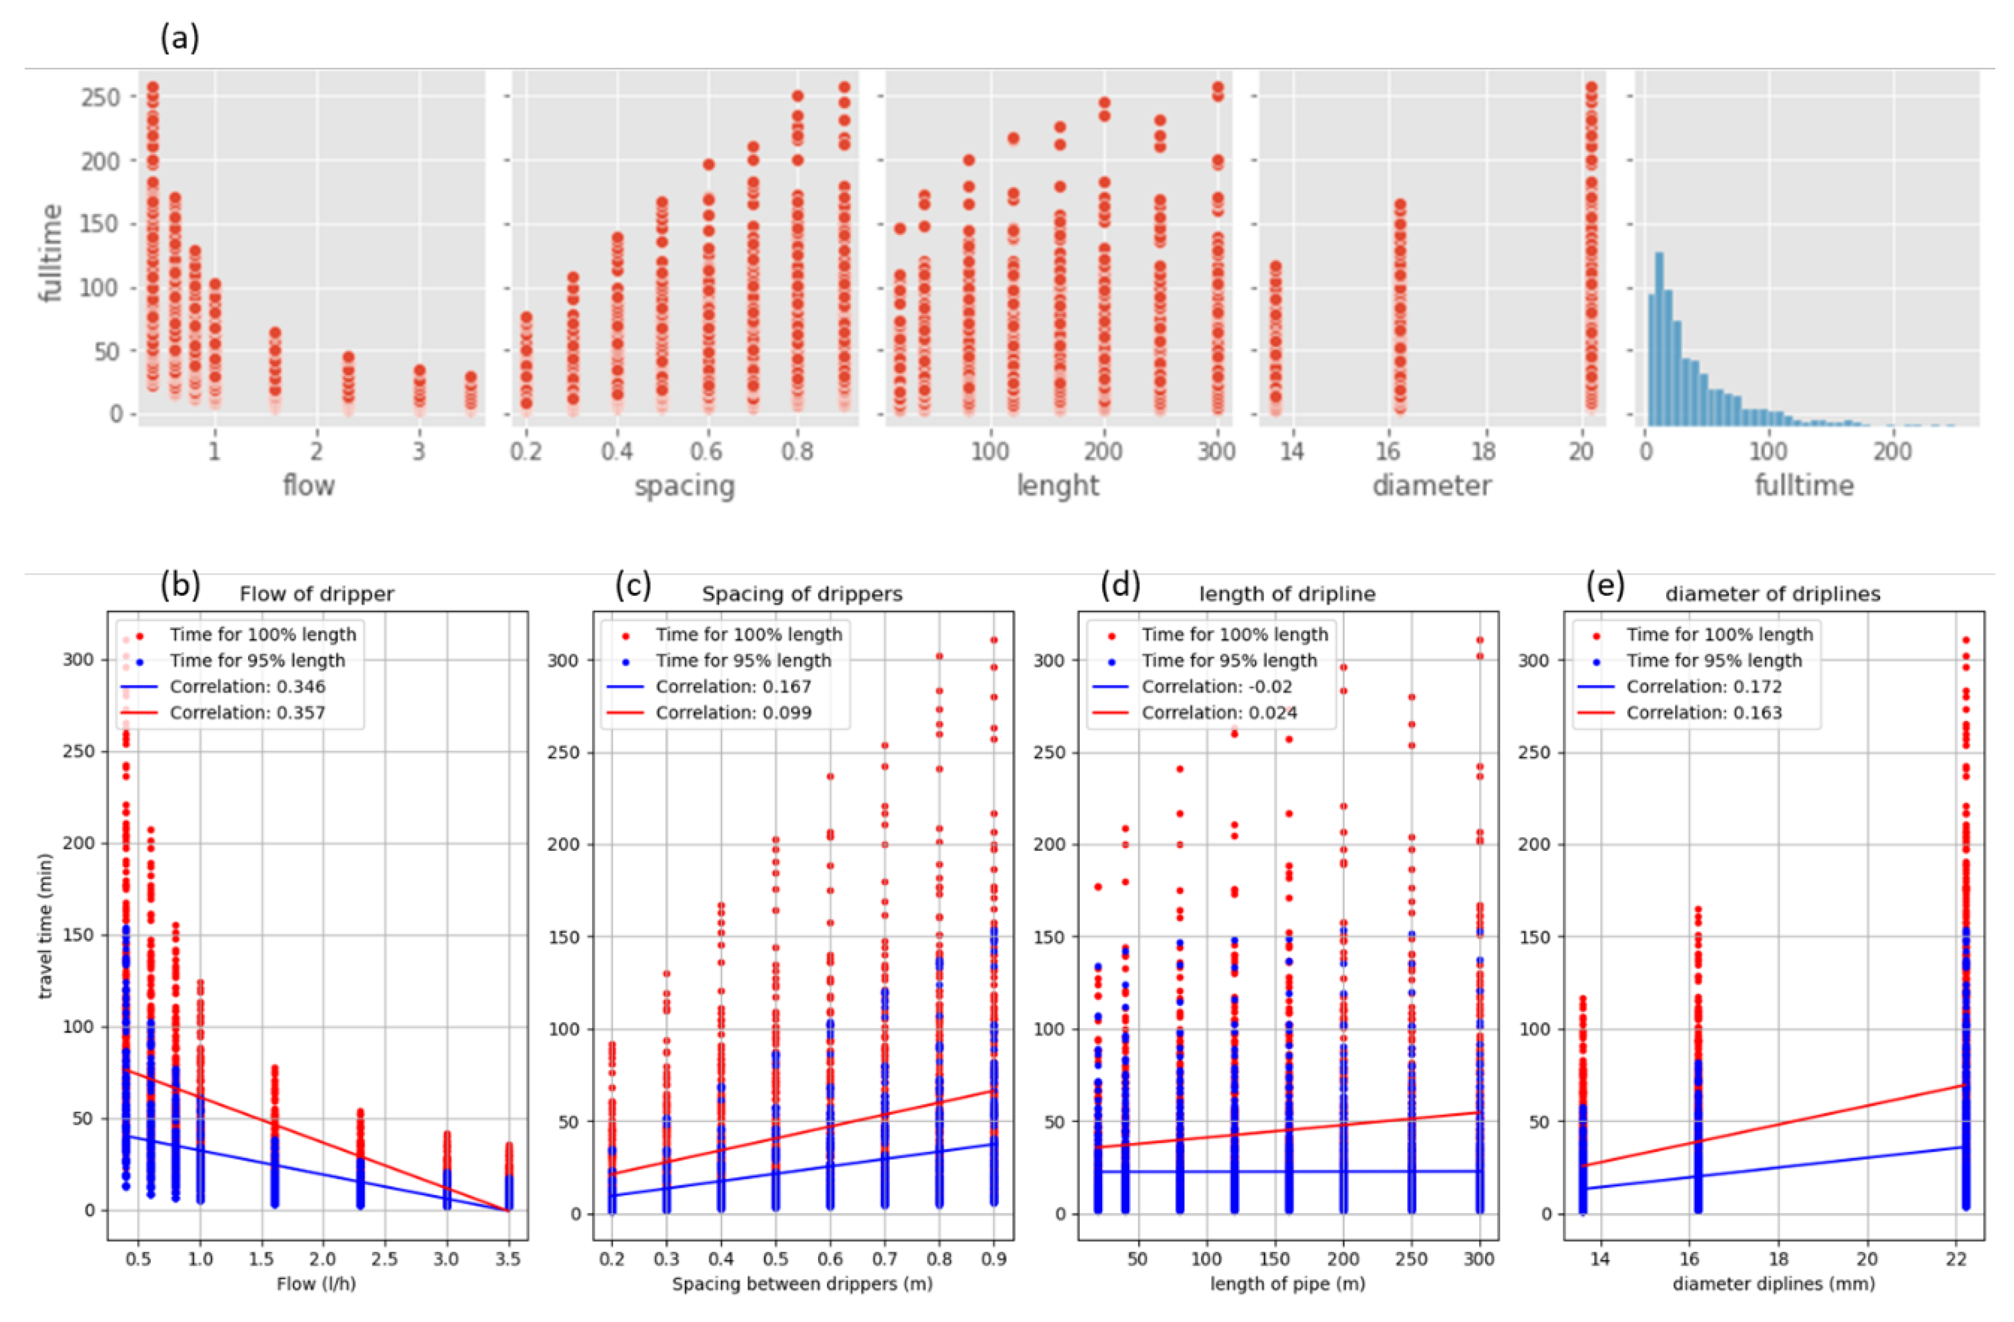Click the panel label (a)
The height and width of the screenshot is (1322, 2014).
[179, 38]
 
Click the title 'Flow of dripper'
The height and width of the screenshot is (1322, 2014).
[317, 594]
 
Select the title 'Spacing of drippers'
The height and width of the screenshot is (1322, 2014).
[802, 594]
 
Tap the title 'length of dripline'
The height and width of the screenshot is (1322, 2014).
[1287, 594]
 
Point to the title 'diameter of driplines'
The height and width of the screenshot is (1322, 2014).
[1772, 594]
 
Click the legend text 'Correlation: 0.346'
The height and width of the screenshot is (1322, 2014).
[247, 687]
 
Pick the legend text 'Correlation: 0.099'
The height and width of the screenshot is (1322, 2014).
[733, 713]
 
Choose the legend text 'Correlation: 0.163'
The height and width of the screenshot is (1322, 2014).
[1703, 713]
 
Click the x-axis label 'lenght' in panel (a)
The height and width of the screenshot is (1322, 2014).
[1057, 486]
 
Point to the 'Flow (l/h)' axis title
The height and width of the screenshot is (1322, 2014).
[315, 1284]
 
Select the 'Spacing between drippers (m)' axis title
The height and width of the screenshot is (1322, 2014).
[802, 1284]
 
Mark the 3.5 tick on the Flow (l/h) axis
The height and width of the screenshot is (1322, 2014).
[507, 1259]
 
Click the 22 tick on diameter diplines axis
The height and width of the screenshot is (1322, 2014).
[1956, 1259]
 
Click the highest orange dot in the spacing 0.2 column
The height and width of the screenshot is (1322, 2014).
[526, 318]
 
